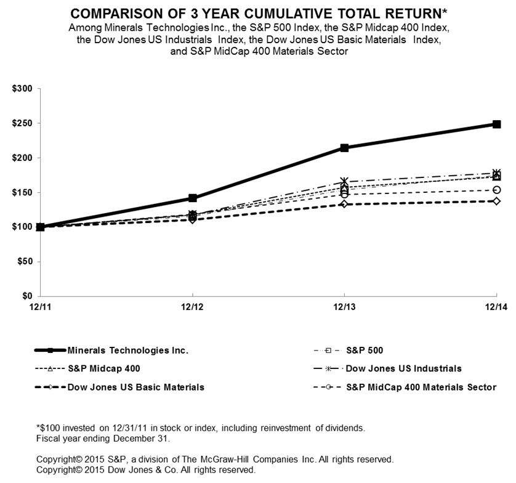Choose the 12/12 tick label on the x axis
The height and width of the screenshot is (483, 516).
coord(193,307)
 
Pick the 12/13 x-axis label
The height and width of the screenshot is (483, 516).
coord(344,307)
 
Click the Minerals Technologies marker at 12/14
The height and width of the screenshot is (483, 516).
coord(496,124)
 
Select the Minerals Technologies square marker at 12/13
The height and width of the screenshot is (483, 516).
coord(344,148)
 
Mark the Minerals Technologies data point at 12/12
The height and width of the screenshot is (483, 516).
coord(193,198)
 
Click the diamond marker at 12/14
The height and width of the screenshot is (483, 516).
coord(496,201)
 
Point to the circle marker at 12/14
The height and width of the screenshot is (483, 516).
coord(496,190)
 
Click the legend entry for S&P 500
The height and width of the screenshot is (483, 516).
coord(363,351)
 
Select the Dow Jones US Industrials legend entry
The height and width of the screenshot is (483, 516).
coord(404,368)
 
